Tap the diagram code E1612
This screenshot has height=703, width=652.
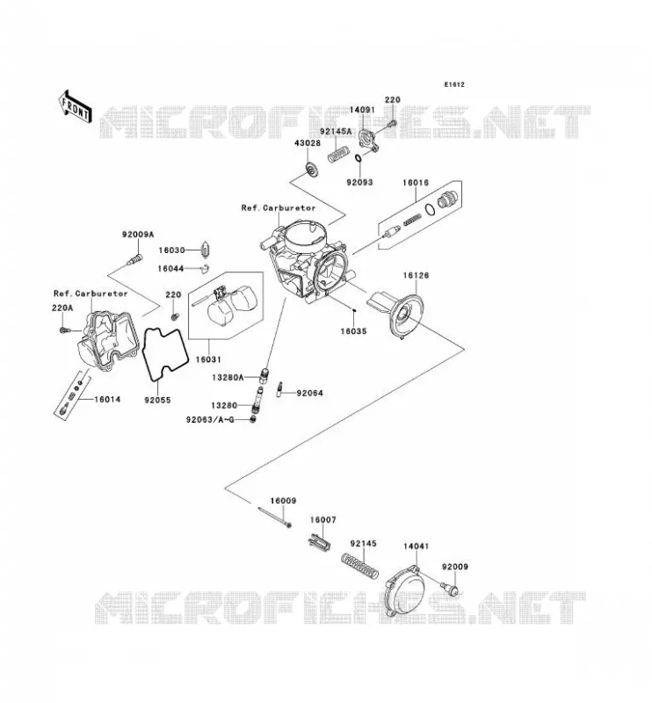coord(454,84)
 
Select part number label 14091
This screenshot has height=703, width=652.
coord(361,111)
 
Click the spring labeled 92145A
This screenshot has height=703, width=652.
coord(339,154)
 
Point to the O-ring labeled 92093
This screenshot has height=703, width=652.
coord(359,159)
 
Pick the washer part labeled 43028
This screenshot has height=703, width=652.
coord(310,169)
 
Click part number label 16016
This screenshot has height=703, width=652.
coord(416,183)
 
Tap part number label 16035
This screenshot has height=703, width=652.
coord(353,331)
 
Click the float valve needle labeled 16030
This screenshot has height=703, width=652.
coord(206,250)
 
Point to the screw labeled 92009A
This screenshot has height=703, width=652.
coord(134,259)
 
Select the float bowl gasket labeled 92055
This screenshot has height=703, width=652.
coord(164,355)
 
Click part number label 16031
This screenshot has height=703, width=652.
coord(208,359)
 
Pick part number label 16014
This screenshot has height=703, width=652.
coord(107,399)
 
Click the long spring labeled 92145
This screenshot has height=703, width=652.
coord(360,566)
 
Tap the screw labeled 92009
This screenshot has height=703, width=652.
coord(450,589)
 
